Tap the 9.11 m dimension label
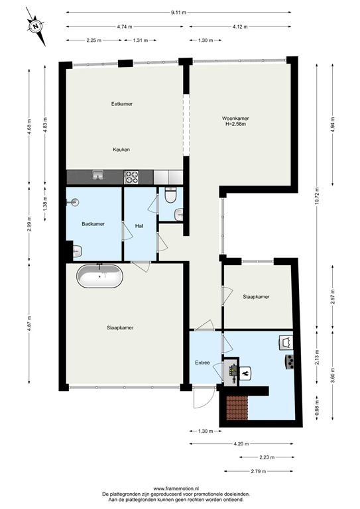pyautogui.click(x=178, y=12)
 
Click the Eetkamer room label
pyautogui.click(x=121, y=104)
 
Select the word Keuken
pyautogui.click(x=121, y=149)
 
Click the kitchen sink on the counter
pyautogui.click(x=98, y=176)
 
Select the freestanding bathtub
pyautogui.click(x=99, y=276)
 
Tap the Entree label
pyautogui.click(x=202, y=363)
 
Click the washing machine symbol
pyautogui.click(x=286, y=342)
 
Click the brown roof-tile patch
pyautogui.click(x=236, y=408)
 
